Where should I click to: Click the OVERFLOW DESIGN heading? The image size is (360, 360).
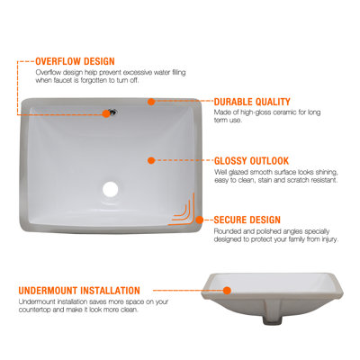click(75, 61)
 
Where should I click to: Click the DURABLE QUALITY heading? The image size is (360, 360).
click(252, 103)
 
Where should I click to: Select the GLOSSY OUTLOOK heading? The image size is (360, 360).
click(252, 160)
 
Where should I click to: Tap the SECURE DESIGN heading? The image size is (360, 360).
click(247, 220)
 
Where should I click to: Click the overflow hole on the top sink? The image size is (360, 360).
click(112, 112)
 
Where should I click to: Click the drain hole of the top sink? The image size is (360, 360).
click(111, 189)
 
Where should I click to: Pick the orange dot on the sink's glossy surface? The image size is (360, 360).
click(151, 160)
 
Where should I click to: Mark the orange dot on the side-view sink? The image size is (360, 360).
click(227, 292)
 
